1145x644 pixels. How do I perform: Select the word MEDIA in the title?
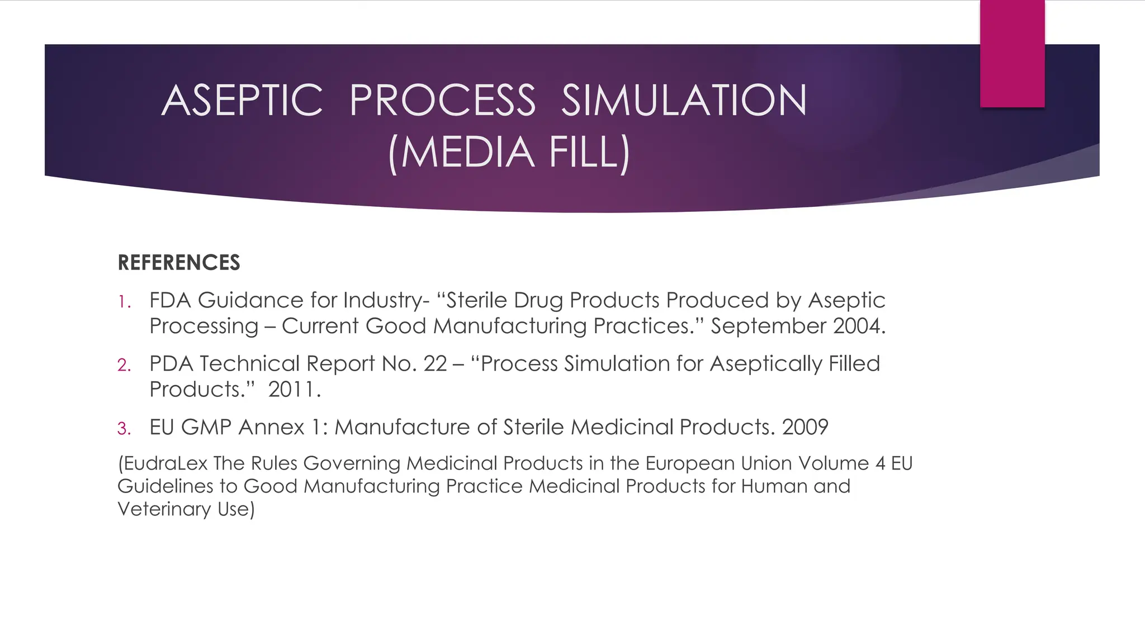pyautogui.click(x=467, y=152)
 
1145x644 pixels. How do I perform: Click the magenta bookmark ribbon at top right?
pyautogui.click(x=1012, y=53)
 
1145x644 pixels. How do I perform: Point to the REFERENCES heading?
pyautogui.click(x=179, y=263)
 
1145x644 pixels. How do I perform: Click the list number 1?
pyautogui.click(x=124, y=302)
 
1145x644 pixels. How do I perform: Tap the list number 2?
pyautogui.click(x=124, y=366)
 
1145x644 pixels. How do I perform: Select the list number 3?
pyautogui.click(x=124, y=429)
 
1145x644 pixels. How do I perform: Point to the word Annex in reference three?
pyautogui.click(x=271, y=427)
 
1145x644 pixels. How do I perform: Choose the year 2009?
pyautogui.click(x=805, y=427)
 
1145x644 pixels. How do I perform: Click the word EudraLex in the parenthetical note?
pyautogui.click(x=163, y=463)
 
